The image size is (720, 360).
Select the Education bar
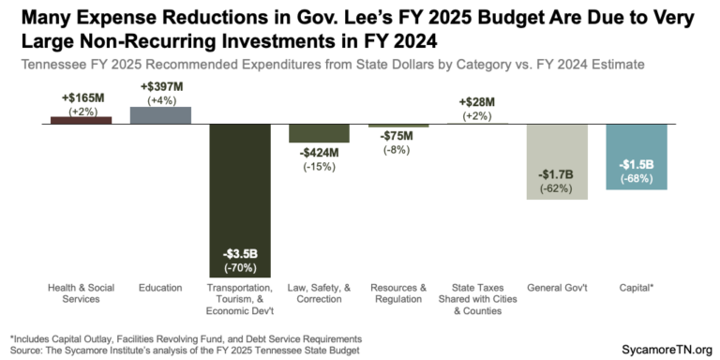(160, 114)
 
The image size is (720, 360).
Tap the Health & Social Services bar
(81, 120)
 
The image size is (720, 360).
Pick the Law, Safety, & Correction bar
(319, 133)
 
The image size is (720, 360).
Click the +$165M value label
(81, 97)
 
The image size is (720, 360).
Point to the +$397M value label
(160, 86)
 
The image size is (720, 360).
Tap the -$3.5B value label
(239, 254)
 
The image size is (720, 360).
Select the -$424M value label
(319, 153)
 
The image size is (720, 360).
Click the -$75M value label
(398, 135)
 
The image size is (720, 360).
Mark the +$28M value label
(478, 102)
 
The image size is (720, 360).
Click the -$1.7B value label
(557, 175)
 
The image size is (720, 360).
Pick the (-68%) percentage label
(637, 178)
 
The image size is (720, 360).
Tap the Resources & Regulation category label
(398, 293)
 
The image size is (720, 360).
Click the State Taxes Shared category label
(478, 293)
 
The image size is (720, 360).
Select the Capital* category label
(637, 288)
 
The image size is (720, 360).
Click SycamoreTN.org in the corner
(667, 348)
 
